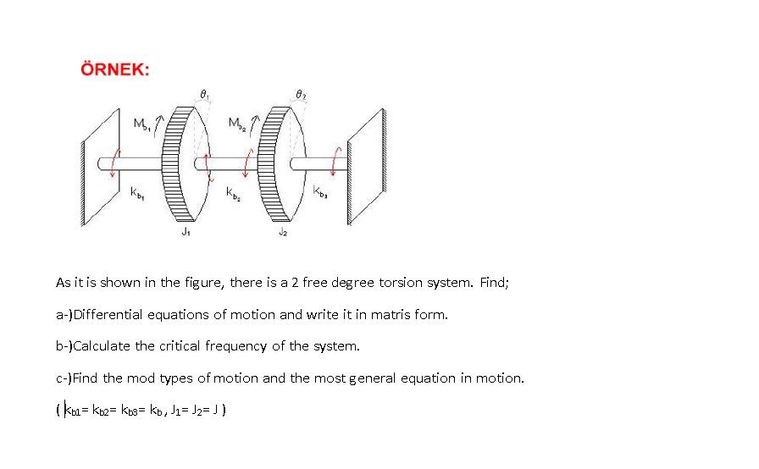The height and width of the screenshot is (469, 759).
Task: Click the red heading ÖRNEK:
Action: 114,69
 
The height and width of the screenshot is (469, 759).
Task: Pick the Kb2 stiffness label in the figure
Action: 235,196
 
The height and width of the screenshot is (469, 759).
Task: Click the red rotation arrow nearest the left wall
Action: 108,162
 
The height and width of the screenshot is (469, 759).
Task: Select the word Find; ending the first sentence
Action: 495,283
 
